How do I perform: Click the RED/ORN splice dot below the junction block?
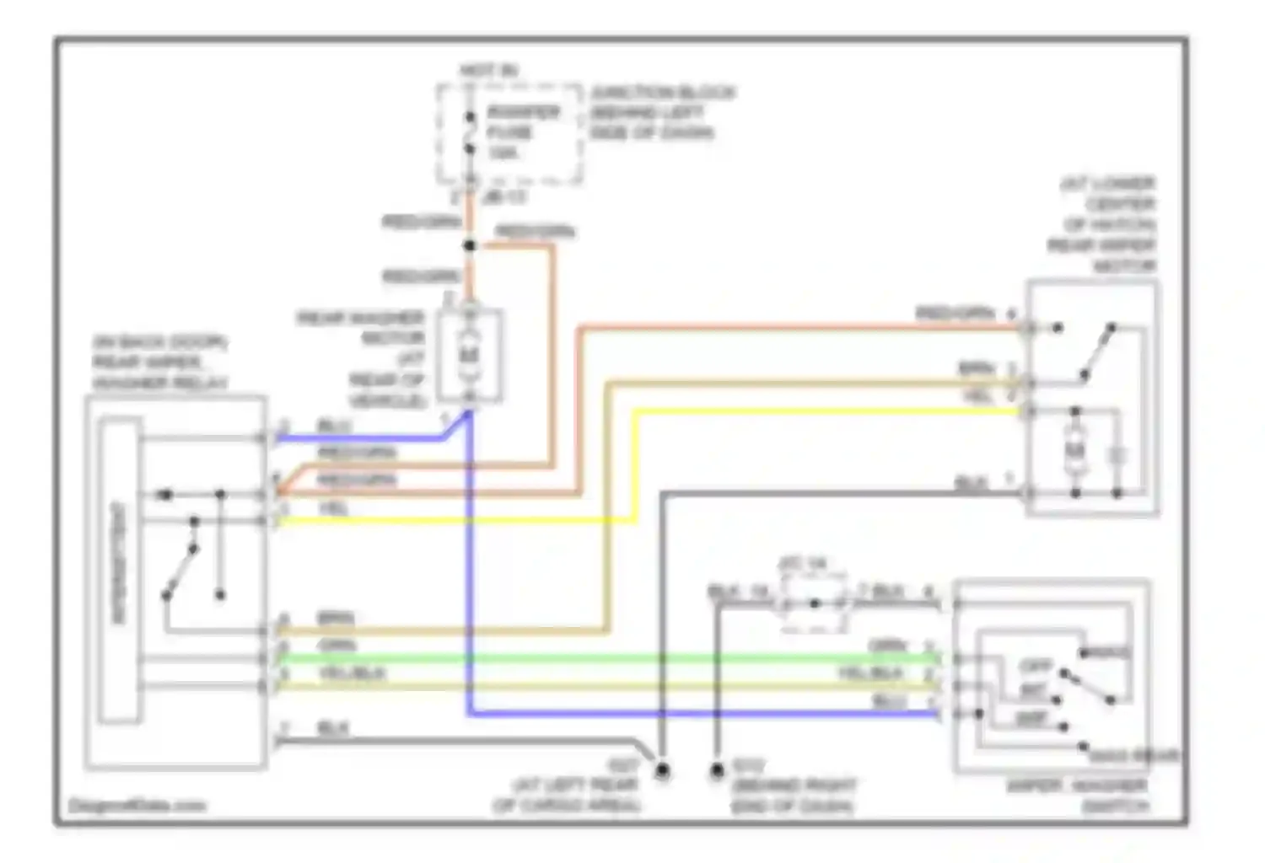(471, 246)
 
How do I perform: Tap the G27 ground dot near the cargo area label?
(663, 770)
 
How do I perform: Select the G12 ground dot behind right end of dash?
(716, 770)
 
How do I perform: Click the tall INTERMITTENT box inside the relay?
(120, 573)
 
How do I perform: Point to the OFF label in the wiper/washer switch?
(1035, 666)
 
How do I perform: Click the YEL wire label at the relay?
(333, 508)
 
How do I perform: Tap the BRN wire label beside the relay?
(336, 619)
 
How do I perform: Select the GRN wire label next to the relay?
(336, 646)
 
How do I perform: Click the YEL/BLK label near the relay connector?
(352, 674)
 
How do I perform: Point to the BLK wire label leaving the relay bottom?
(332, 728)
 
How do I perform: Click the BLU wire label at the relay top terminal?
(334, 426)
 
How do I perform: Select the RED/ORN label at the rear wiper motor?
(956, 314)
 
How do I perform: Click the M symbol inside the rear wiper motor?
(1074, 453)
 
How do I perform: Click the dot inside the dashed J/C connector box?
(814, 603)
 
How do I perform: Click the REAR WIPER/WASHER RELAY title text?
(160, 363)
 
